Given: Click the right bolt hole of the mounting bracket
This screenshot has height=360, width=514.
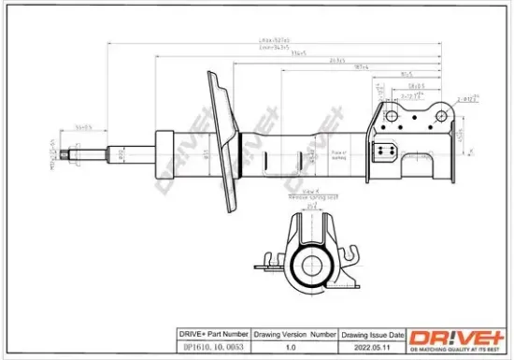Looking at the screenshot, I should [436, 113].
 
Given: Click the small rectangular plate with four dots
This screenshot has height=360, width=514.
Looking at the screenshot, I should [384, 152].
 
